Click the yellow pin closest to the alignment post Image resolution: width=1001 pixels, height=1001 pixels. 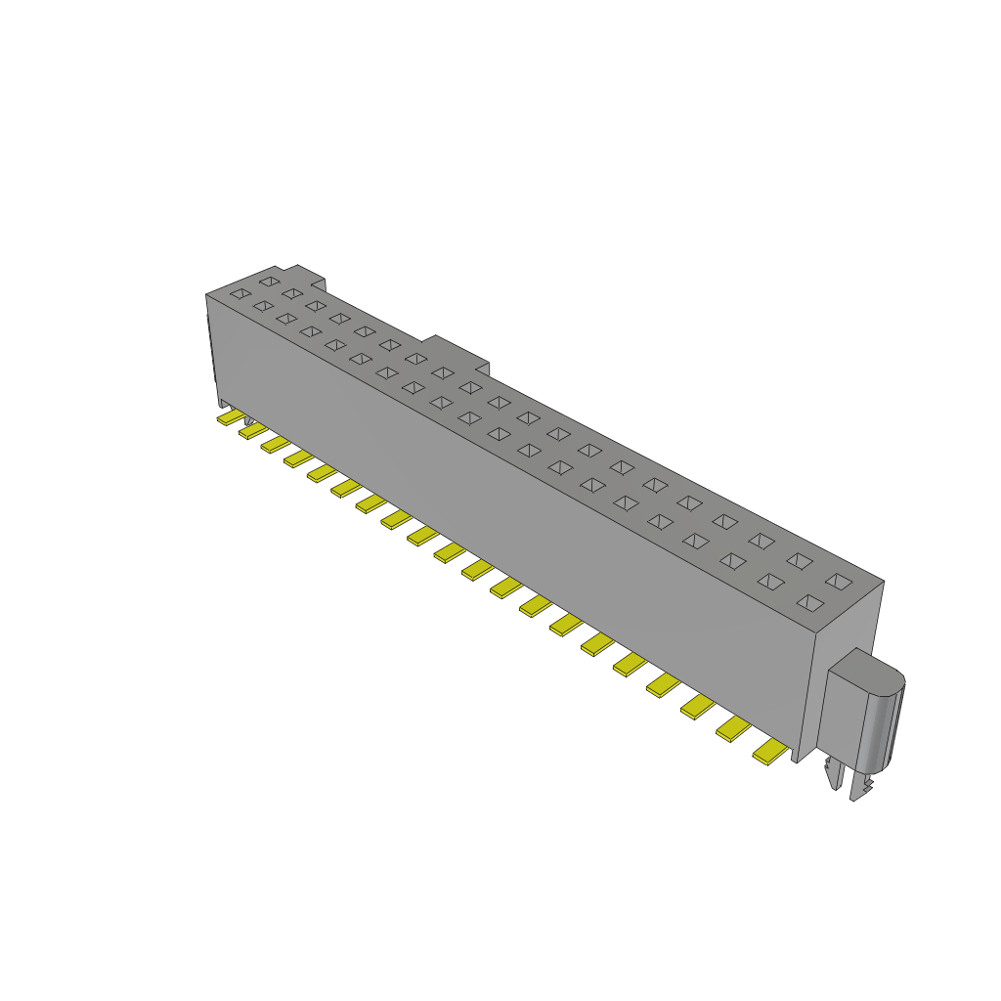tap(769, 752)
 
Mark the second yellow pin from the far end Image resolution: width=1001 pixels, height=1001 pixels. tap(252, 431)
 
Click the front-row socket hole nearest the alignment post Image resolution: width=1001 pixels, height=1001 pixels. tap(809, 603)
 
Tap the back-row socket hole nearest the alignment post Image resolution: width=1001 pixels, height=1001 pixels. tap(838, 581)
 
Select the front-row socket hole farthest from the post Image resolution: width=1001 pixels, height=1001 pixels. tap(239, 292)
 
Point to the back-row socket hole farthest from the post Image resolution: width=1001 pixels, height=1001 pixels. tap(268, 282)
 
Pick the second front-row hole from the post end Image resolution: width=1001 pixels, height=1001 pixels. tap(771, 583)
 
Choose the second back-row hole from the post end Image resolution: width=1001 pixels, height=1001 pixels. tap(800, 560)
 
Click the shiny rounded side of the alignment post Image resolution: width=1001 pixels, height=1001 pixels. tap(886, 723)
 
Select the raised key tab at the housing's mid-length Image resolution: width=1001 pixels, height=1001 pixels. tap(458, 351)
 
